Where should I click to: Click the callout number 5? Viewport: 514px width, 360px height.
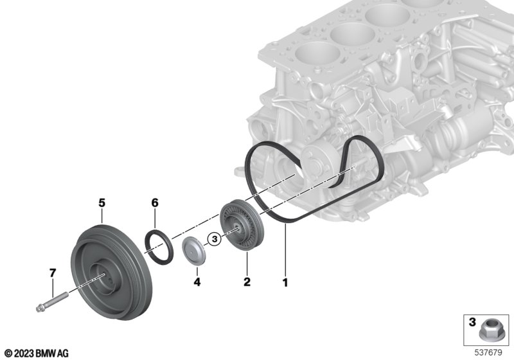[102, 203]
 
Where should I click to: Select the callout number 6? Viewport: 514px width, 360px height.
[155, 203]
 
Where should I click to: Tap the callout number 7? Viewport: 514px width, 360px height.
[53, 273]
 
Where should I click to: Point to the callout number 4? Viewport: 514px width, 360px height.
[197, 282]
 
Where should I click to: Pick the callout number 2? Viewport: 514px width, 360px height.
[247, 282]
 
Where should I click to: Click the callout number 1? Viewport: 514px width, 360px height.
[285, 282]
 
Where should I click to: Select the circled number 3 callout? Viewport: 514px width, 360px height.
[215, 239]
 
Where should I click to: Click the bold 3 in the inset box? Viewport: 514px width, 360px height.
[472, 322]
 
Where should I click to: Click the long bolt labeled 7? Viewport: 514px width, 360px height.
[52, 302]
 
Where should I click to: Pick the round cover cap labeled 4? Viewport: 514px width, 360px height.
[194, 251]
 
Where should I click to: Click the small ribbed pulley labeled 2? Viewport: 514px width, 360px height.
[237, 225]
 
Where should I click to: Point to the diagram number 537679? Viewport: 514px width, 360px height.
[488, 353]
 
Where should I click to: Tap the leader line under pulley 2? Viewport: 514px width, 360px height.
[247, 264]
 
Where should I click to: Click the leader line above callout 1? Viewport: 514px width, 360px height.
[285, 249]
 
